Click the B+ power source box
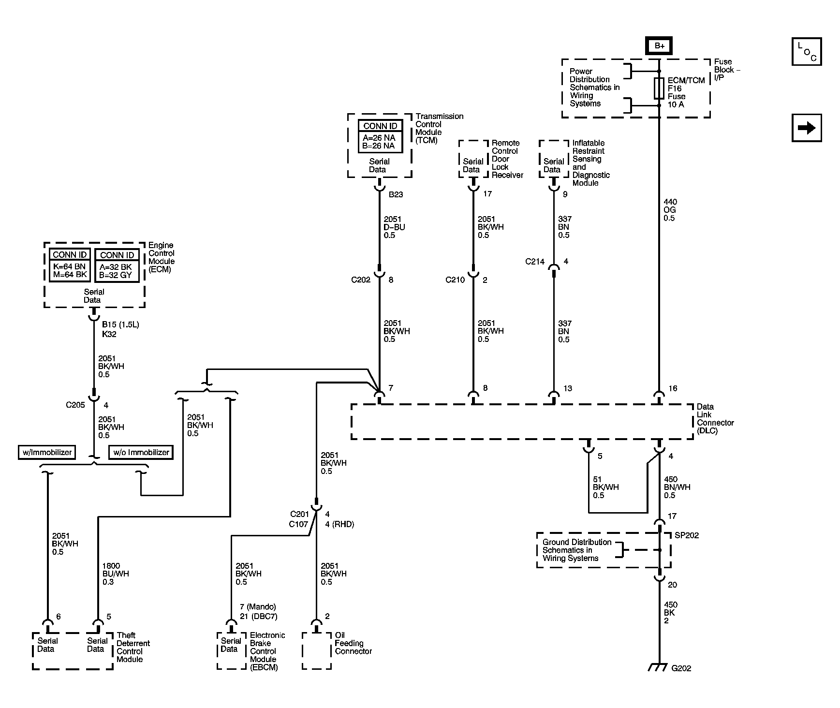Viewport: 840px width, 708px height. (659, 46)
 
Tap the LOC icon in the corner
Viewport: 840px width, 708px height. (806, 51)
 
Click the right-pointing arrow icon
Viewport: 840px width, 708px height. (806, 128)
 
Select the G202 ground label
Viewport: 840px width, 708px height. (681, 668)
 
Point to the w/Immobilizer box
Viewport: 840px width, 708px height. (47, 453)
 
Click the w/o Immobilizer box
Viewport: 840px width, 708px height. (141, 453)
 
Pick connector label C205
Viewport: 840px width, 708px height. (75, 405)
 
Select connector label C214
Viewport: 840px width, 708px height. (535, 262)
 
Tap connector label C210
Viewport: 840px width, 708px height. (455, 280)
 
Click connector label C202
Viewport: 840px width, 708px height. (361, 280)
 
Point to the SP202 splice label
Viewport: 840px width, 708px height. (687, 535)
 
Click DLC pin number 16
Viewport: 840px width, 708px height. (673, 388)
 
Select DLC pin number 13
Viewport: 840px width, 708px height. (567, 388)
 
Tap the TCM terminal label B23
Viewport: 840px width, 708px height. (396, 195)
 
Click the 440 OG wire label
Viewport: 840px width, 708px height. (670, 210)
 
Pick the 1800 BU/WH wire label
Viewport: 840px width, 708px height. (116, 574)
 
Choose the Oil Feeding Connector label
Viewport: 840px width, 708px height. (353, 643)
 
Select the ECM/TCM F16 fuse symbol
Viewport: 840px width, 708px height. (659, 88)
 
